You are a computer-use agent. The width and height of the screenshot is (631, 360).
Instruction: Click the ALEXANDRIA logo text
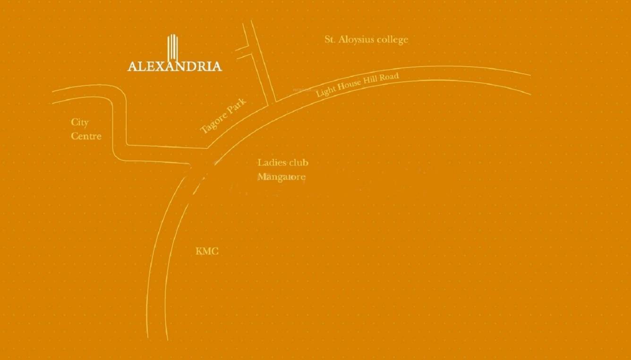tap(174, 66)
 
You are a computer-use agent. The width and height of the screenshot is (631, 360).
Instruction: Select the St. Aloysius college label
tap(366, 40)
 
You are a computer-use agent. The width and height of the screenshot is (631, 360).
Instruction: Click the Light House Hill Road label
tap(358, 85)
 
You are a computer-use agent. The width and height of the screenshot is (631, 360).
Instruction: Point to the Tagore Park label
tap(223, 116)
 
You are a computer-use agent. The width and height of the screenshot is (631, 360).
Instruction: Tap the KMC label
tap(207, 251)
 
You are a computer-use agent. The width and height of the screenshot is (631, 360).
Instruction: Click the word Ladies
tap(272, 163)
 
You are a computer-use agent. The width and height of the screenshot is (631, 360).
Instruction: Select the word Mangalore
tap(281, 178)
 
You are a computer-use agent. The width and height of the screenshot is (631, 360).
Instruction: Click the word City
tap(80, 122)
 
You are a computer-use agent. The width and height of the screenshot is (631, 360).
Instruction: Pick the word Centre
tap(86, 136)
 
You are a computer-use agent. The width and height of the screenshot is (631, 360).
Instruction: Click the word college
tap(392, 40)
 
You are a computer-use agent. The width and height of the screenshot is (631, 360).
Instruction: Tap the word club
tap(298, 163)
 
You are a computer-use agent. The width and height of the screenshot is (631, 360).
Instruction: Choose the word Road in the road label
tap(390, 77)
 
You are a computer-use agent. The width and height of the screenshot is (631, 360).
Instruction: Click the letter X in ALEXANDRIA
tap(154, 66)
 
